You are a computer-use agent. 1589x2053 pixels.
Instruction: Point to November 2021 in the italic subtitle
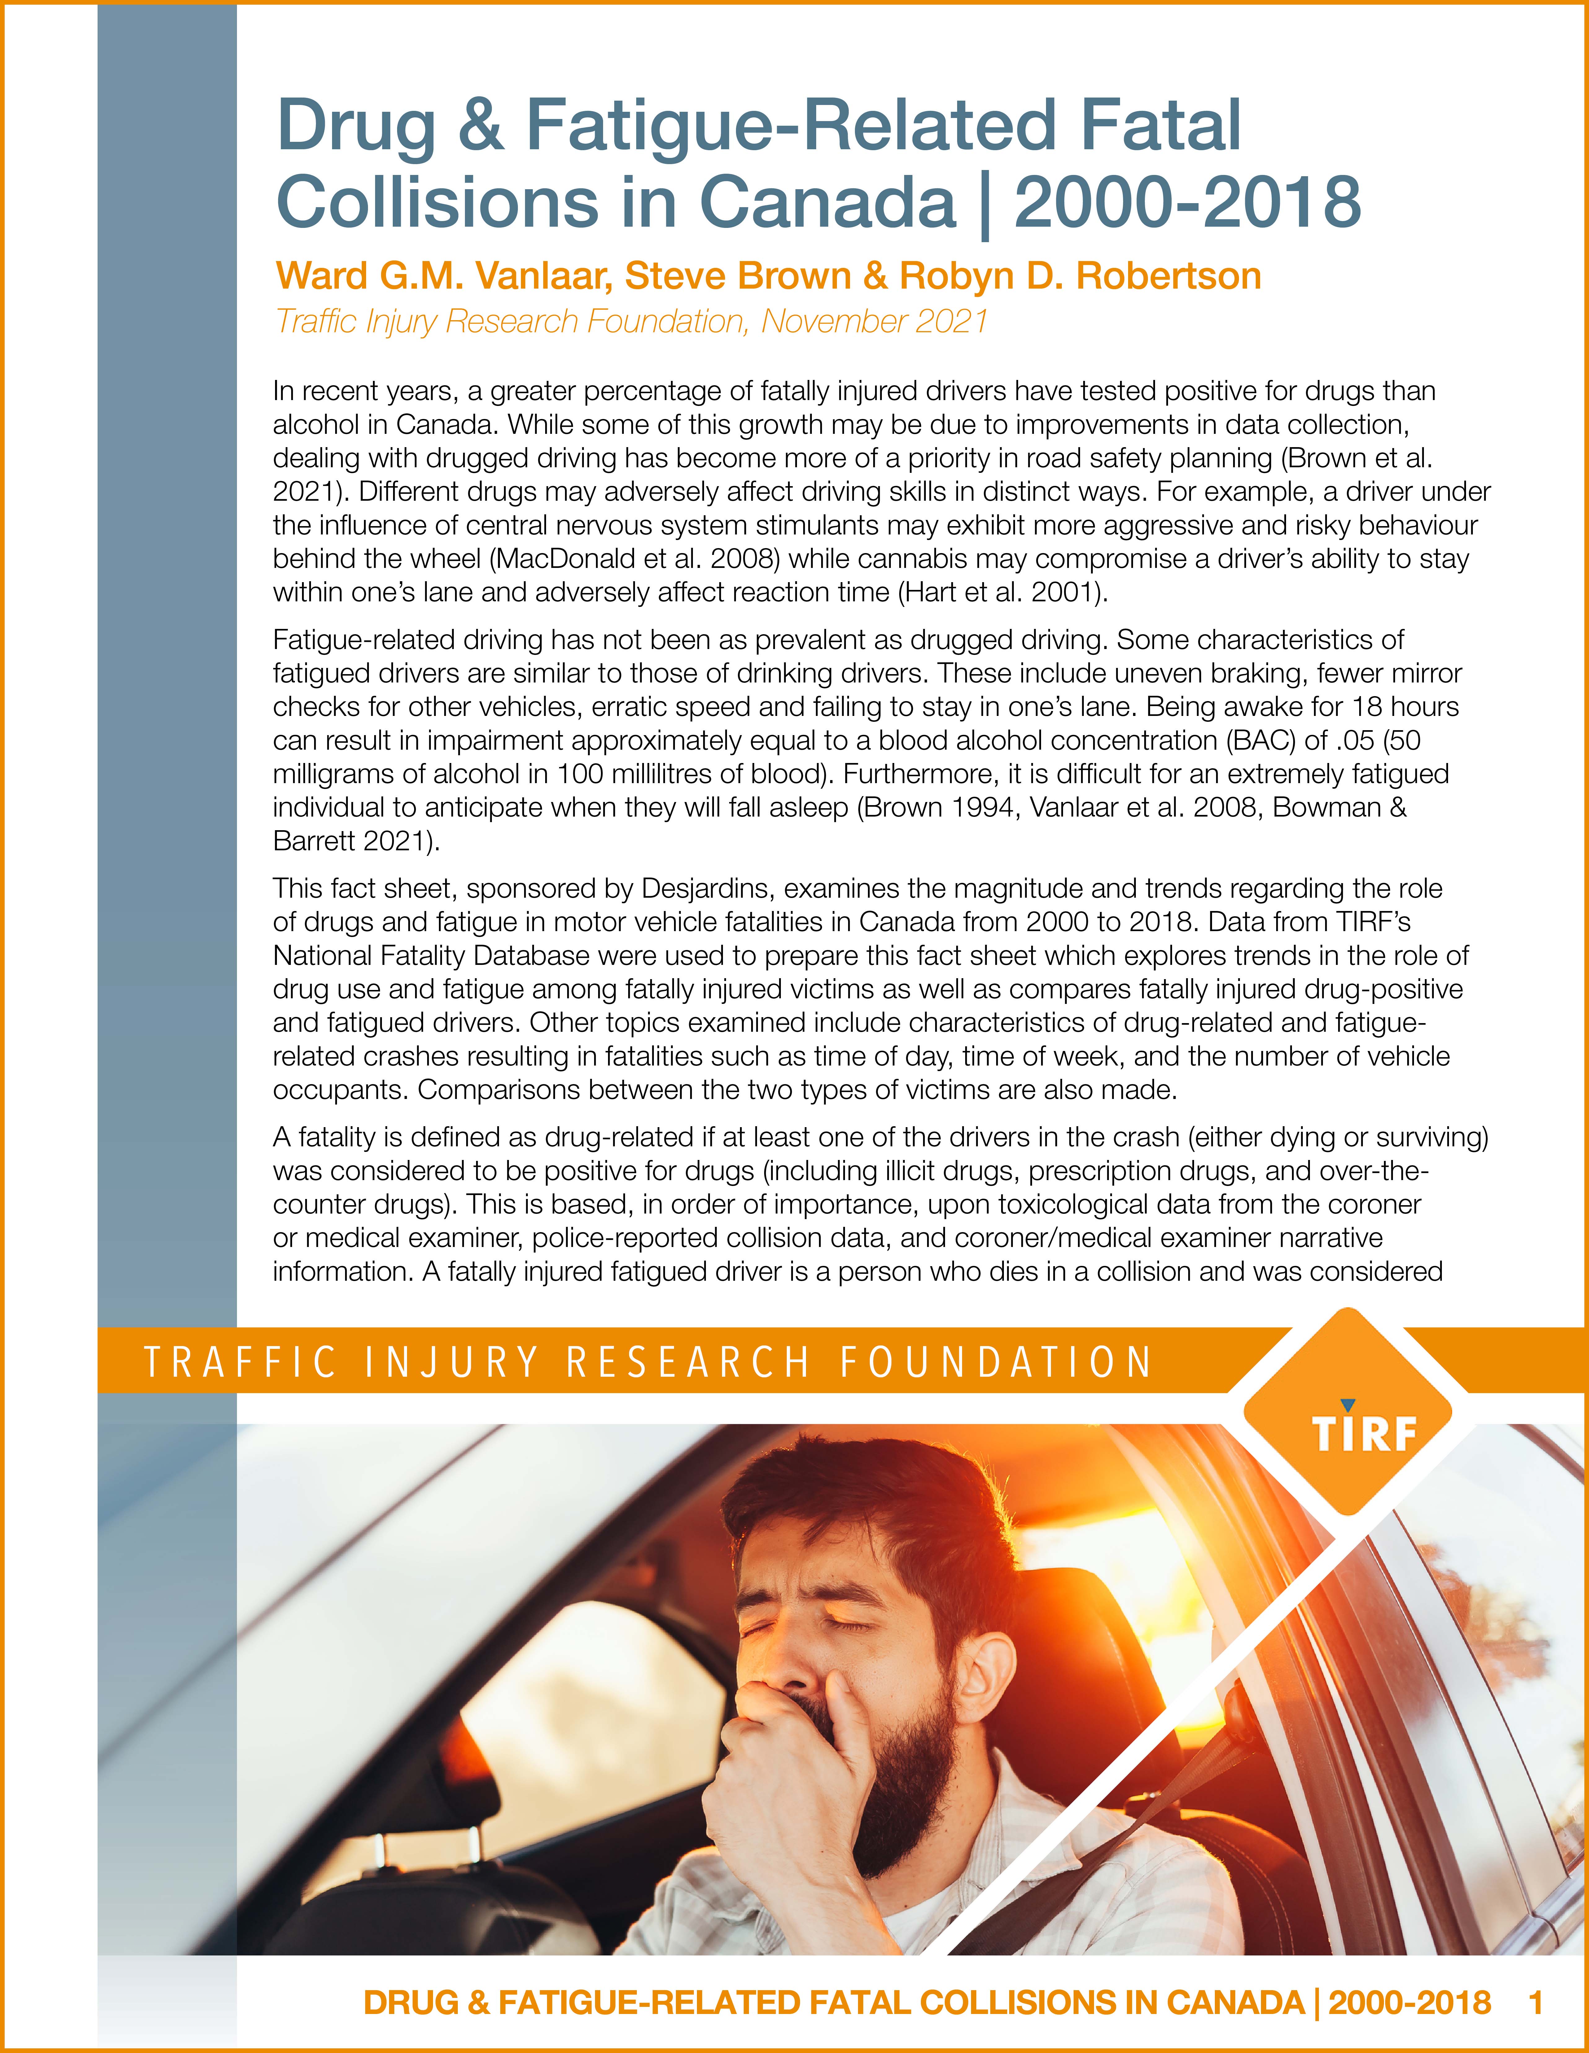(x=874, y=321)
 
